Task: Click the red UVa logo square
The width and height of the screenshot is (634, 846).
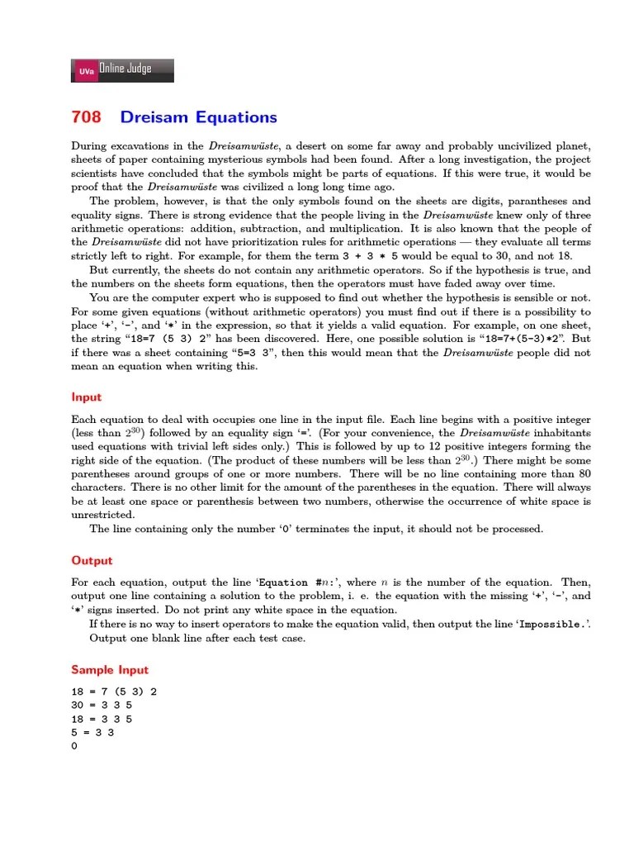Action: coord(85,71)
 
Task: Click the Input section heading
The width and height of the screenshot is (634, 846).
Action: coord(87,397)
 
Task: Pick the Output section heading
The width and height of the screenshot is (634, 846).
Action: coord(92,560)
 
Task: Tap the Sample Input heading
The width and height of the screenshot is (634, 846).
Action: coord(110,669)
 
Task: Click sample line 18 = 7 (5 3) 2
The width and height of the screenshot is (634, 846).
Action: coord(114,692)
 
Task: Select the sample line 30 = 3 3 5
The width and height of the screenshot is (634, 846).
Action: coord(102,705)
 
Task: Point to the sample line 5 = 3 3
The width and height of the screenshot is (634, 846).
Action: coord(92,732)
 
